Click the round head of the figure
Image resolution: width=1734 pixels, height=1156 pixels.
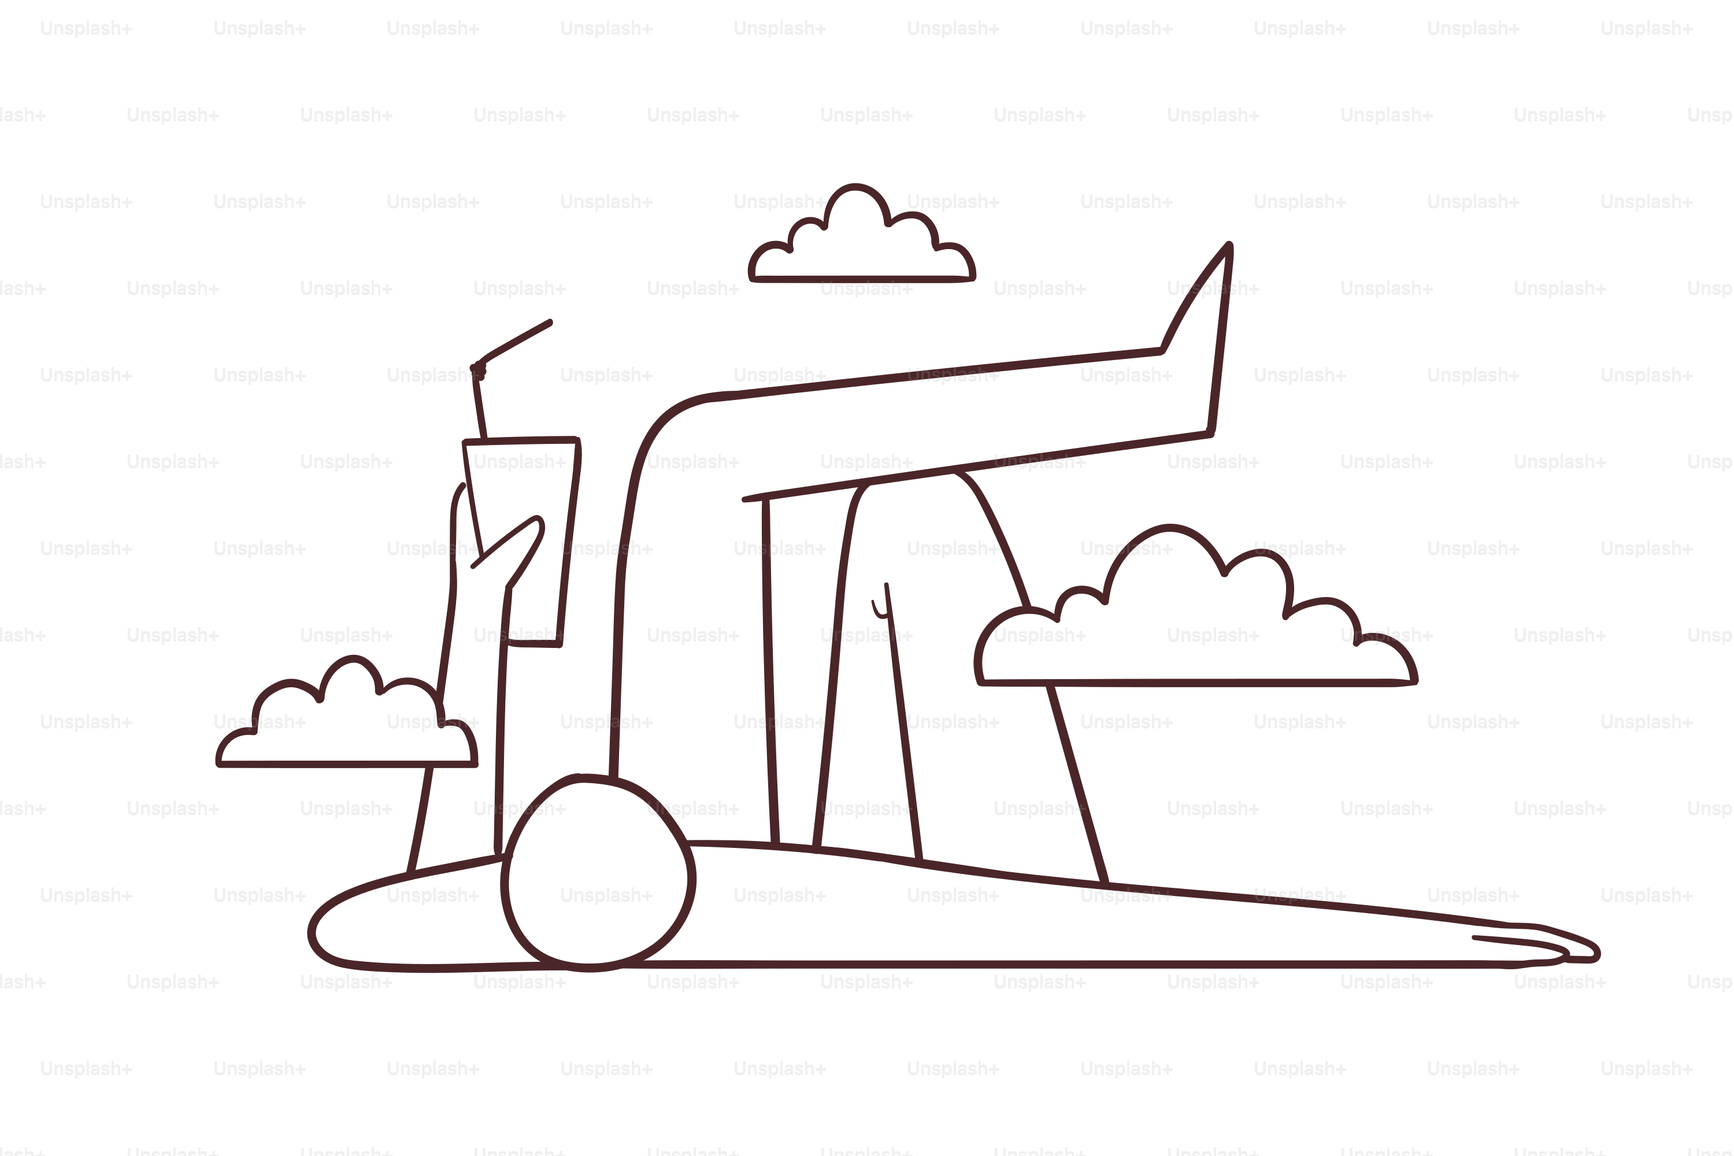click(598, 873)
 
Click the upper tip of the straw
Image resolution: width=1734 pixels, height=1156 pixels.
click(550, 322)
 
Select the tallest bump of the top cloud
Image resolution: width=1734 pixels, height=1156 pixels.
click(855, 188)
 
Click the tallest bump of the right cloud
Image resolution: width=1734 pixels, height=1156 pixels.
click(1169, 528)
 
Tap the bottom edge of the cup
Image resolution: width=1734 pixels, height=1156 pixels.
click(535, 644)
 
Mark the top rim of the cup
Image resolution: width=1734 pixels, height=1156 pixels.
click(521, 440)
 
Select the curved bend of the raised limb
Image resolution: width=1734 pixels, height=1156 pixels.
click(664, 428)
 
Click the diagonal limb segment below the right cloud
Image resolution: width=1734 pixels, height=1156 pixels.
click(1078, 784)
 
